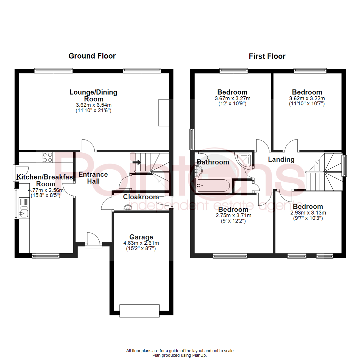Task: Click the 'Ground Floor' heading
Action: [x=92, y=56]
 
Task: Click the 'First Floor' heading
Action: [x=267, y=56]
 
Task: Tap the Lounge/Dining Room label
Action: [x=93, y=95]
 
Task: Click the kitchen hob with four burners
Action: [x=47, y=157]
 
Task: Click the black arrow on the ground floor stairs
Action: [x=137, y=162]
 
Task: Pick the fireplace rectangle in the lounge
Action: [x=163, y=113]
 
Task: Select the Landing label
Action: [x=281, y=160]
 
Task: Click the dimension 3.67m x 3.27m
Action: [x=232, y=98]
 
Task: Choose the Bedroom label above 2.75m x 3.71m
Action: [x=233, y=210]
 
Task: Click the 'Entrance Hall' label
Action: [x=93, y=178]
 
